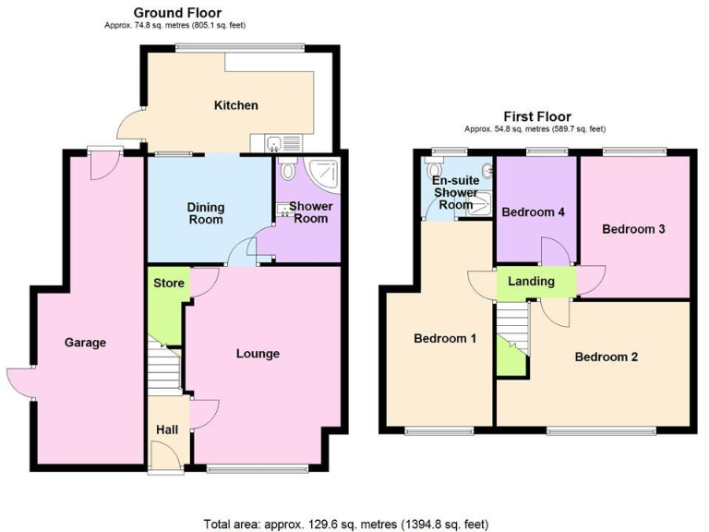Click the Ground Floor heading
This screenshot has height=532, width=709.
[177, 12]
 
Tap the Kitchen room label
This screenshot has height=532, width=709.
[236, 105]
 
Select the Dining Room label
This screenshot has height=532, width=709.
[207, 214]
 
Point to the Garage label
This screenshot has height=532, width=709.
[85, 343]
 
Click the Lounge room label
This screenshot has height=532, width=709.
[258, 354]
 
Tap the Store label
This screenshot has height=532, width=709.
[168, 283]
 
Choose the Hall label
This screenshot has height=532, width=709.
[168, 429]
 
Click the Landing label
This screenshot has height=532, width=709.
[532, 282]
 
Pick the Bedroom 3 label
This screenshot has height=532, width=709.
[633, 229]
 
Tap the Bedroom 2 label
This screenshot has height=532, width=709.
[607, 357]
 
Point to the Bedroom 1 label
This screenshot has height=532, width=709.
[444, 338]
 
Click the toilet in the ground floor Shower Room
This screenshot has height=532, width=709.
[288, 169]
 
